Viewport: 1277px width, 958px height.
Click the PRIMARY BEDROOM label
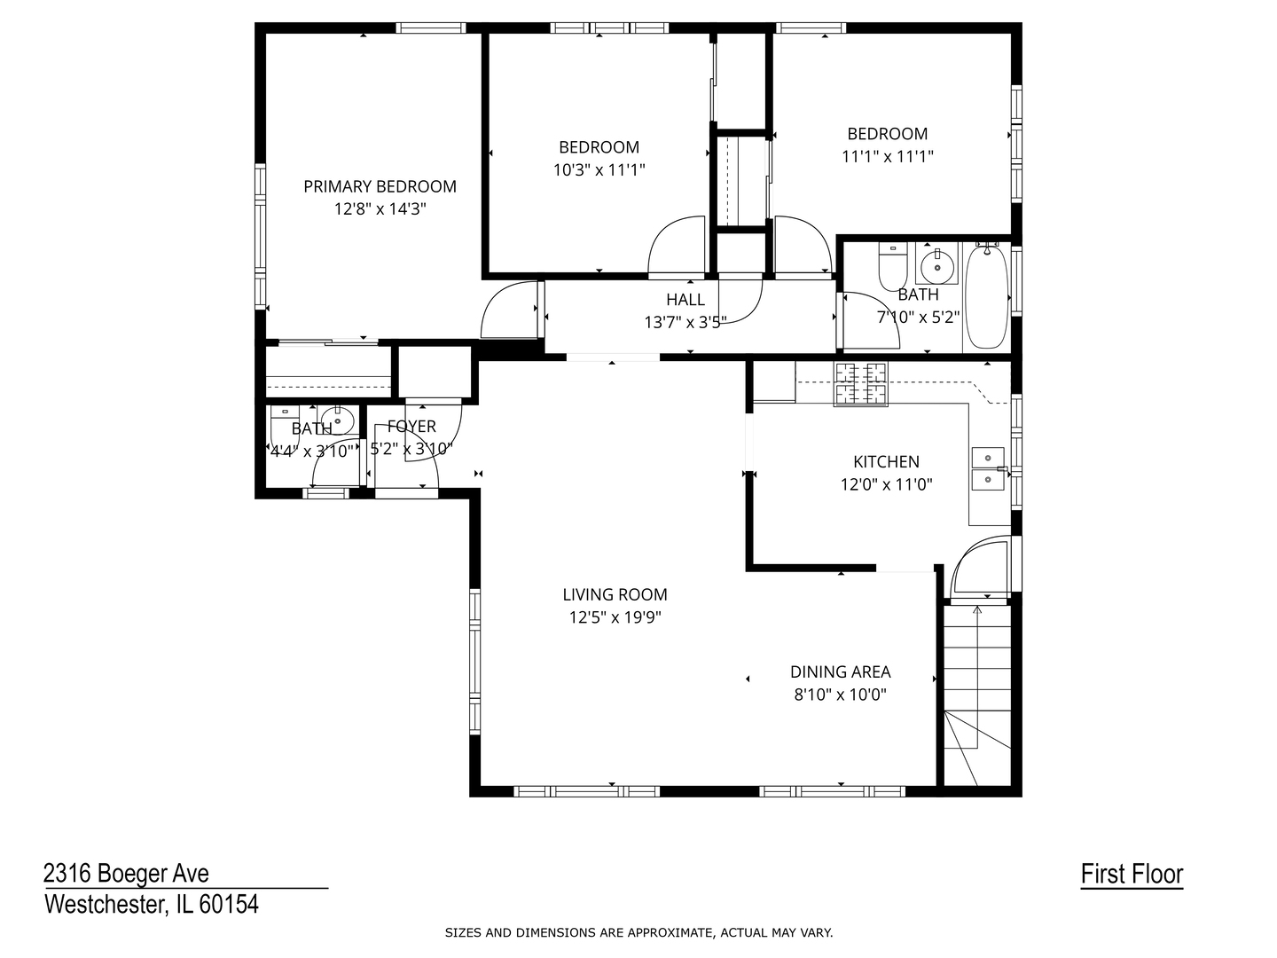pos(380,186)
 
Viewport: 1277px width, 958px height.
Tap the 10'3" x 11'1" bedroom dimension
pos(599,170)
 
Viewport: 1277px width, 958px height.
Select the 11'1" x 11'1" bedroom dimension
pos(887,157)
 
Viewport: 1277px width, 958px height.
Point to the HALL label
pos(686,300)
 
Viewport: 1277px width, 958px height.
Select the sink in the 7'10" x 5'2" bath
pos(936,263)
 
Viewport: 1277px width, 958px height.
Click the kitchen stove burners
pos(860,384)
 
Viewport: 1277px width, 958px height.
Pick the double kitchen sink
pos(988,468)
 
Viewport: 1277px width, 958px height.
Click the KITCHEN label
pos(886,461)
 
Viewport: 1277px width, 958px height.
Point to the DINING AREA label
pos(840,672)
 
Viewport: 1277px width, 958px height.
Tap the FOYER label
pos(411,427)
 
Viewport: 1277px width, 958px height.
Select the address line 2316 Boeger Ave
pos(127,874)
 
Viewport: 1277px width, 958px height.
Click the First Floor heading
pos(1132,875)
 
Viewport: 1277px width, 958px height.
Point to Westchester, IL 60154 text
pos(152,905)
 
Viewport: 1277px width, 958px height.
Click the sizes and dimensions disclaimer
pos(638,932)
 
